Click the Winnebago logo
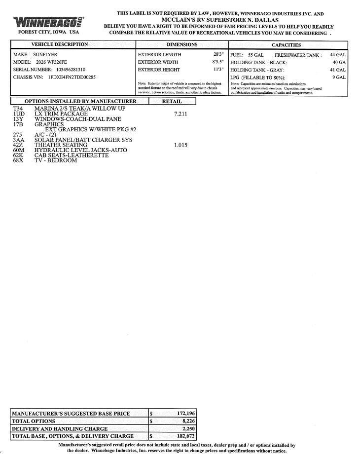pyautogui.click(x=48, y=22)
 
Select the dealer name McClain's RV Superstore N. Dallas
pyautogui.click(x=220, y=20)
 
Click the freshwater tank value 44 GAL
pyautogui.click(x=338, y=55)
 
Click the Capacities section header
pyautogui.click(x=286, y=45)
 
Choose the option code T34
pyautogui.click(x=18, y=108)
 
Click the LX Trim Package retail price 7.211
pyautogui.click(x=180, y=114)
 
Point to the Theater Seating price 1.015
pyautogui.click(x=180, y=145)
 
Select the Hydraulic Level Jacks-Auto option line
pyautogui.click(x=80, y=150)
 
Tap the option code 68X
pyautogui.click(x=18, y=160)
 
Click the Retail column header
pyautogui.click(x=172, y=101)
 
